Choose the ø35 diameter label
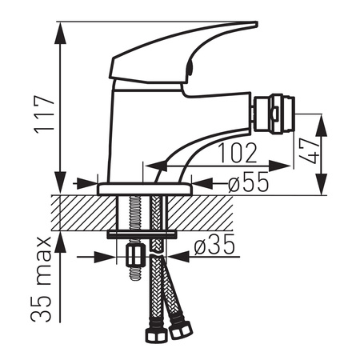(x=214, y=246)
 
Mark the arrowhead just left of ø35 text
(x=180, y=257)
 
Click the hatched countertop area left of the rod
(x=84, y=212)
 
